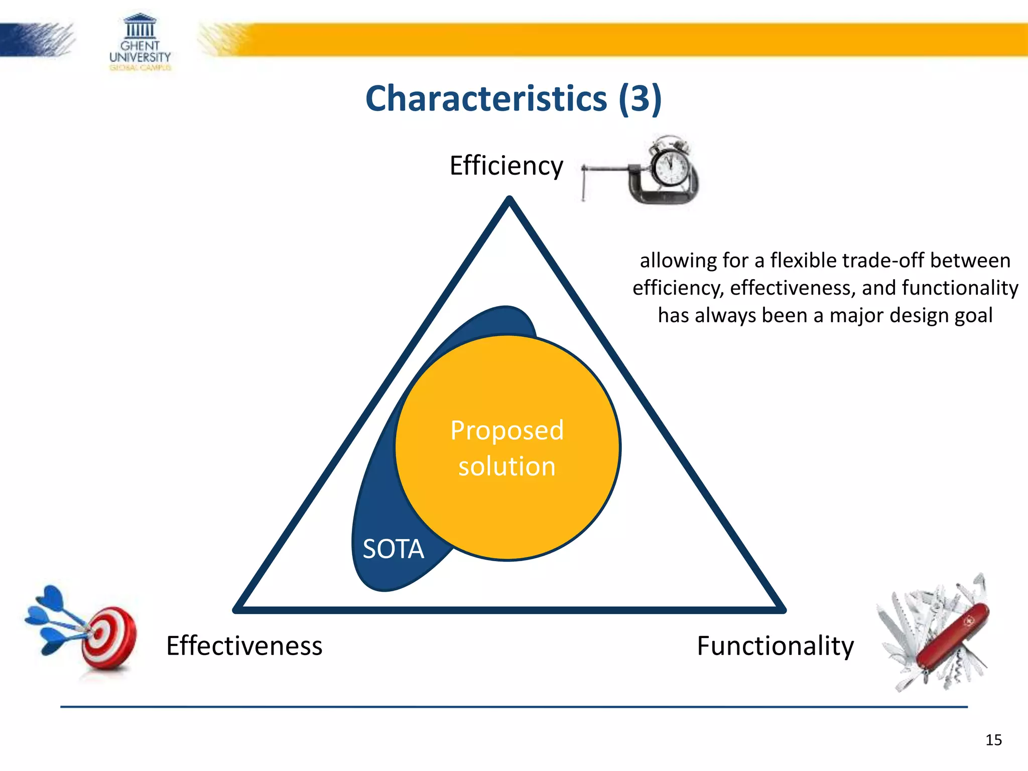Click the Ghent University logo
coord(140,43)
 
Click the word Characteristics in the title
coord(486,98)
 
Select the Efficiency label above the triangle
coord(506,166)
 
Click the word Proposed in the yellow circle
coord(507,431)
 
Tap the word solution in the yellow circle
coord(507,467)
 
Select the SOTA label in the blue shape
coord(393,549)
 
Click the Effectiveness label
coord(244,646)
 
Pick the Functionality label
coord(775,646)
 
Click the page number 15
coord(993,740)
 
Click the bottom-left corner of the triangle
coord(237,609)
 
